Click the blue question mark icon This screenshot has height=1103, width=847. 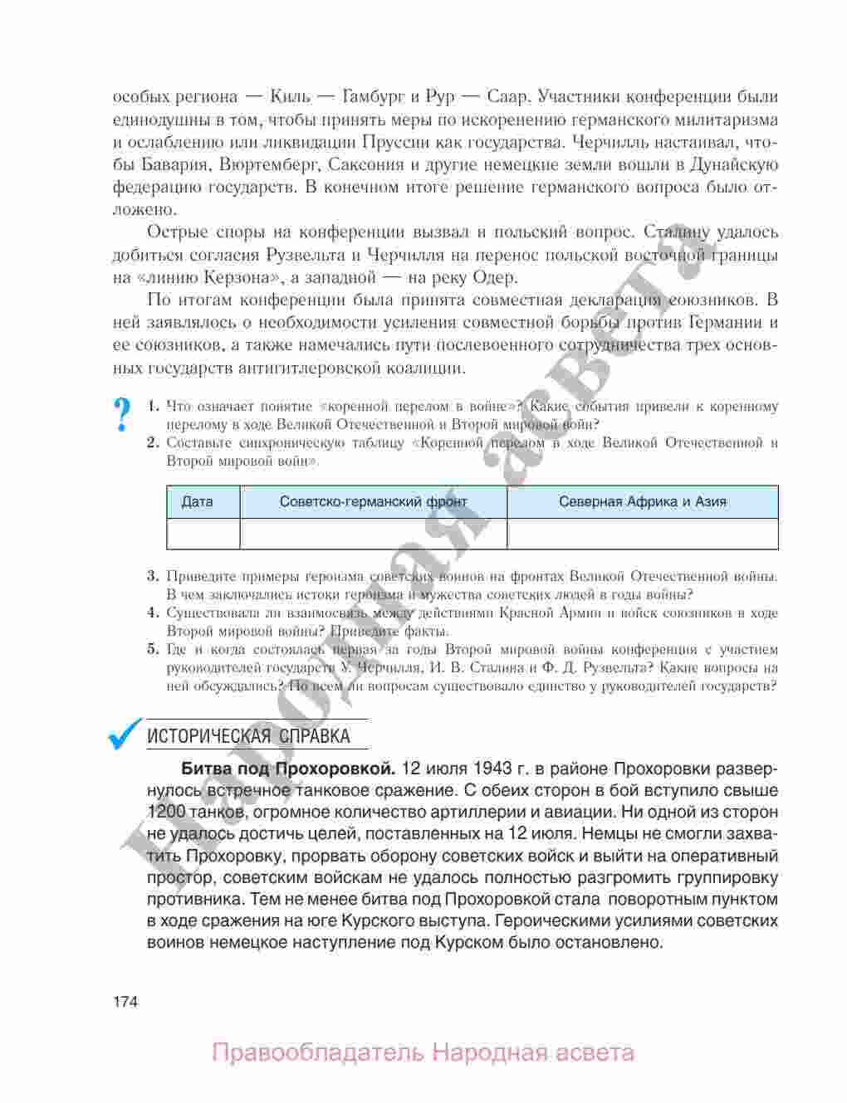123,414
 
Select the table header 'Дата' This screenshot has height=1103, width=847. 197,502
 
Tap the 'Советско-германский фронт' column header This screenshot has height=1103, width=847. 373,502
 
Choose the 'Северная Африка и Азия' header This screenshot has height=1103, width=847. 642,502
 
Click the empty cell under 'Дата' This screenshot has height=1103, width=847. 203,534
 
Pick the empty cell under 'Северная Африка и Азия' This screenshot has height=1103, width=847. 642,534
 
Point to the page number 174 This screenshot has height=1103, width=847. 125,1001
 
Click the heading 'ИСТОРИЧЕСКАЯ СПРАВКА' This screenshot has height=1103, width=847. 247,736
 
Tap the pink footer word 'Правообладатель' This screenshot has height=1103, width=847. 318,1054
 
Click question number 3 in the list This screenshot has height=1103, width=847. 153,576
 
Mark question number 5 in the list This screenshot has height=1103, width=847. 153,650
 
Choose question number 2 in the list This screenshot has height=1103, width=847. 153,443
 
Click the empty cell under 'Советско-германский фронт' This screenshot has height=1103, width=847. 373,534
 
